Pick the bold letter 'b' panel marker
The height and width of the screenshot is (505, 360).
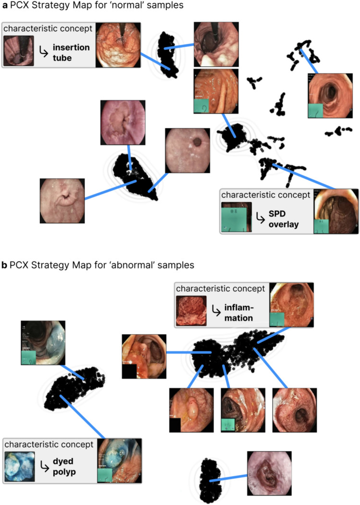tap(4, 265)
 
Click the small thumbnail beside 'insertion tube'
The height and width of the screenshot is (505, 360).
tap(19, 50)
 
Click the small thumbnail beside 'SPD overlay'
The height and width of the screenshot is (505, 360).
tap(236, 217)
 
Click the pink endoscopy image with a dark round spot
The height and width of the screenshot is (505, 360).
tap(187, 150)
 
